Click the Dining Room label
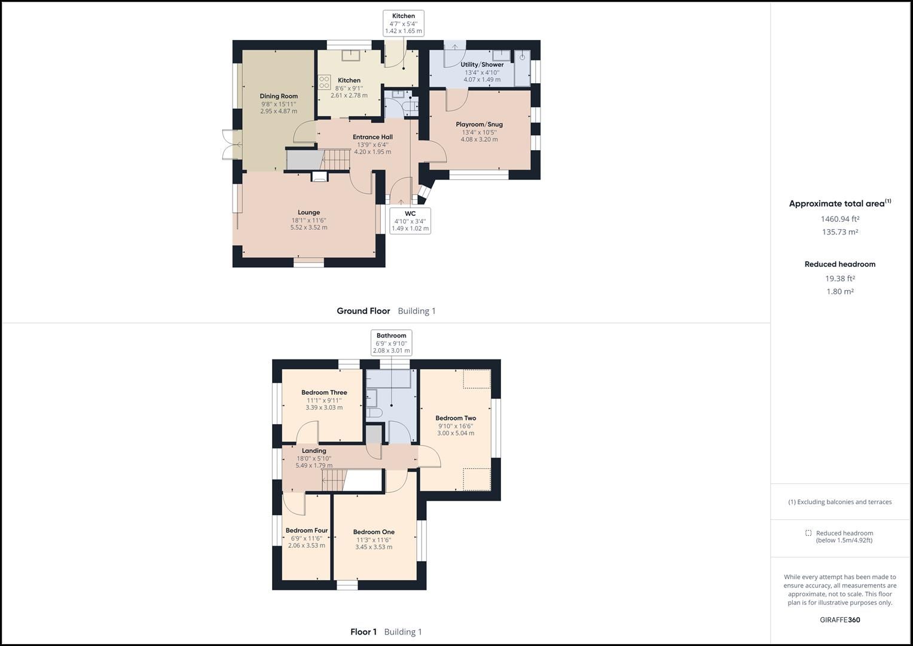(x=279, y=96)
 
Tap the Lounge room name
(x=309, y=212)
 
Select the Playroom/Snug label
(x=479, y=124)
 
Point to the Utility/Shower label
(x=482, y=65)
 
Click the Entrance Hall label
(x=372, y=137)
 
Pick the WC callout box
(x=410, y=221)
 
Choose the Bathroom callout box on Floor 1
(x=391, y=343)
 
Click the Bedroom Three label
(x=324, y=392)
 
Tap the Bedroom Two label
(x=456, y=418)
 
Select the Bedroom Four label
(x=307, y=531)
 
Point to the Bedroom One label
(x=374, y=532)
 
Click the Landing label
(x=314, y=451)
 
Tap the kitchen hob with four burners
(x=325, y=82)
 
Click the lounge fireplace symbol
(x=320, y=176)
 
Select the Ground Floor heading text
(x=363, y=311)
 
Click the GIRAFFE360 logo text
(x=839, y=620)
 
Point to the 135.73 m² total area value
(x=840, y=232)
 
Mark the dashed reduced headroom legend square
(x=808, y=533)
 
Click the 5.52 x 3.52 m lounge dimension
(x=309, y=227)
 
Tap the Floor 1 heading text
(x=364, y=632)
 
